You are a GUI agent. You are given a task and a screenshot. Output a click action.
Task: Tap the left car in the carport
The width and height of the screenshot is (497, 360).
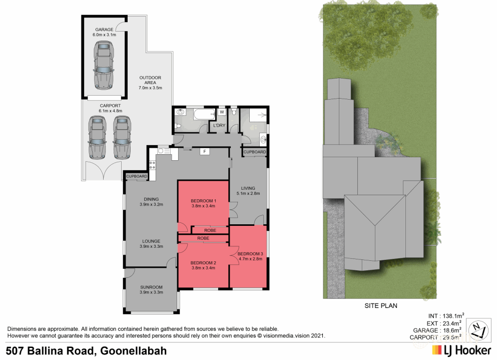[x=97, y=138]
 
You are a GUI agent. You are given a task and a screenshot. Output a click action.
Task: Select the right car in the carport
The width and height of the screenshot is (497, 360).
[x=122, y=138]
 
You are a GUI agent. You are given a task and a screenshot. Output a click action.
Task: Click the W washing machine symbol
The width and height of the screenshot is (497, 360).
[x=221, y=112]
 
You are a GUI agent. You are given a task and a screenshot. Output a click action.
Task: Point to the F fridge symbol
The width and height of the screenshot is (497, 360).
[x=204, y=151]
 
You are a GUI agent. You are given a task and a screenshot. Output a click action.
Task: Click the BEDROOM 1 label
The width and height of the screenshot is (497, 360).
[x=203, y=201]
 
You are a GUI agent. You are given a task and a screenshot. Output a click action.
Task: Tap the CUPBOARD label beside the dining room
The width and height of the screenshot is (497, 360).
[x=137, y=176]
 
